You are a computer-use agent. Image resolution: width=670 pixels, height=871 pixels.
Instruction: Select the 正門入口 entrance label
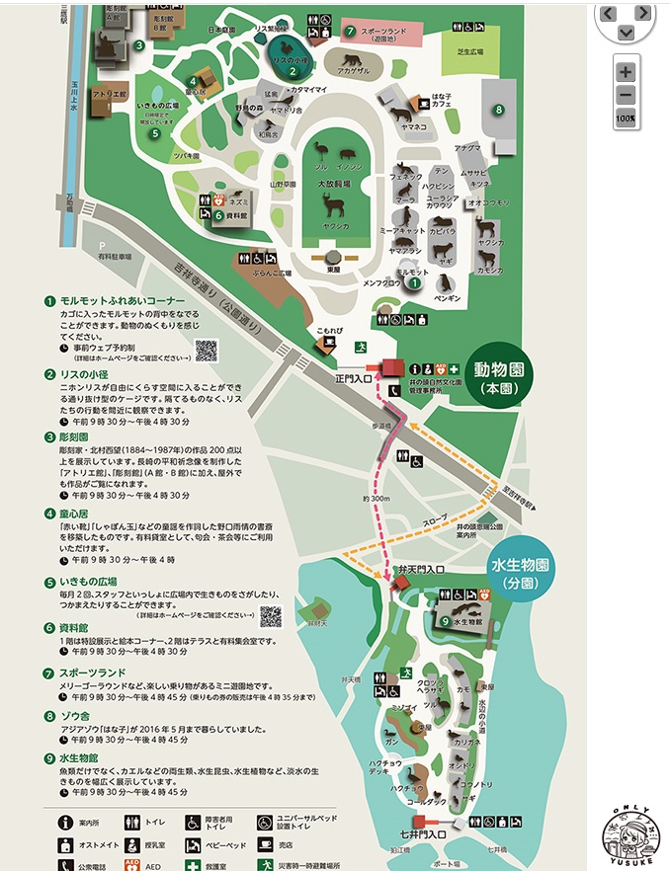[353, 377]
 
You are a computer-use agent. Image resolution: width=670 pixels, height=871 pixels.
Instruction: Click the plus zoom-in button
[625, 72]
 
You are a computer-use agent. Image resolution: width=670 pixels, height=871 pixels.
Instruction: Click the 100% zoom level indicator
[625, 119]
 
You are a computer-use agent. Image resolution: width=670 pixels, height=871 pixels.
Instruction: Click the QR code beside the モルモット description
[207, 350]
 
